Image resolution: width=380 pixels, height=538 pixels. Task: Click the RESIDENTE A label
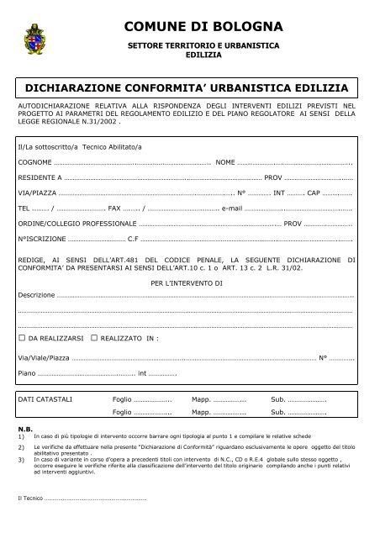pyautogui.click(x=40, y=178)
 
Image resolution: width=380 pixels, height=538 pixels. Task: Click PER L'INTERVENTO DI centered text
pyautogui.click(x=187, y=284)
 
